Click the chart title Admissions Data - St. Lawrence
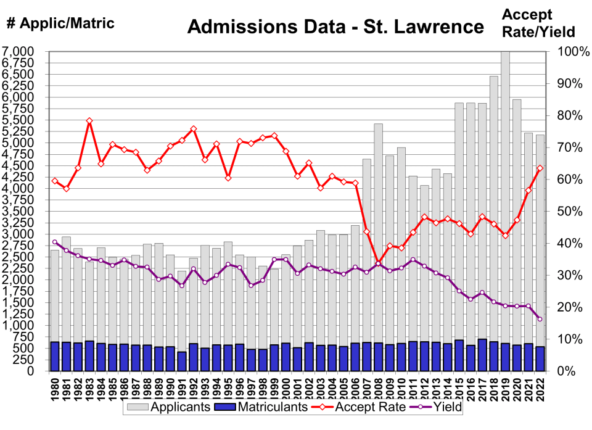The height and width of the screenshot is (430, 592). tap(335, 27)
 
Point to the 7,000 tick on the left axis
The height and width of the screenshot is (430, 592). tap(20, 51)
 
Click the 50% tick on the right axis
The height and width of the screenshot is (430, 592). tap(567, 211)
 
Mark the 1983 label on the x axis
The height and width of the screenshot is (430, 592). tap(89, 388)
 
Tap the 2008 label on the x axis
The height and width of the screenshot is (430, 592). tap(378, 388)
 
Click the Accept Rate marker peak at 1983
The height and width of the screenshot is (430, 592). tap(89, 121)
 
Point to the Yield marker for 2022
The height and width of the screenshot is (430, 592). tap(540, 319)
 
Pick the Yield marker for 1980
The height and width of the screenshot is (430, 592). tap(55, 242)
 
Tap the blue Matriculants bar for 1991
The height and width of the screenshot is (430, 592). tap(182, 362)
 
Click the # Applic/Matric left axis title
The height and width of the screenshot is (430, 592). tap(60, 23)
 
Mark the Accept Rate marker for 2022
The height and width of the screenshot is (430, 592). tap(540, 168)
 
